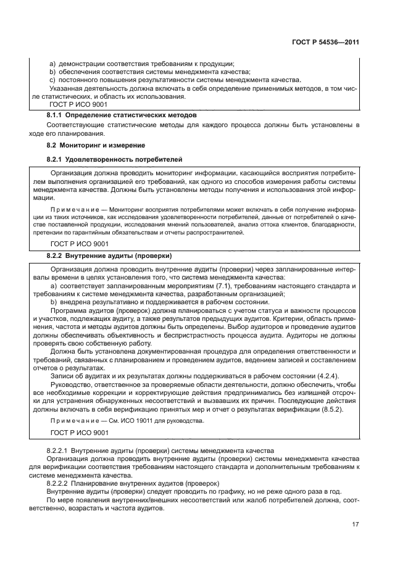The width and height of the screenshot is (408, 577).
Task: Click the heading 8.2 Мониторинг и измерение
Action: click(96, 146)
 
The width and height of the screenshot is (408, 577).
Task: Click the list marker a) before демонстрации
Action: click(52, 64)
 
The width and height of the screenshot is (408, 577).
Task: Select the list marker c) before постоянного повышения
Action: click(52, 80)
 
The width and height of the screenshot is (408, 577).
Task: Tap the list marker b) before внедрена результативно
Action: click(52, 301)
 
